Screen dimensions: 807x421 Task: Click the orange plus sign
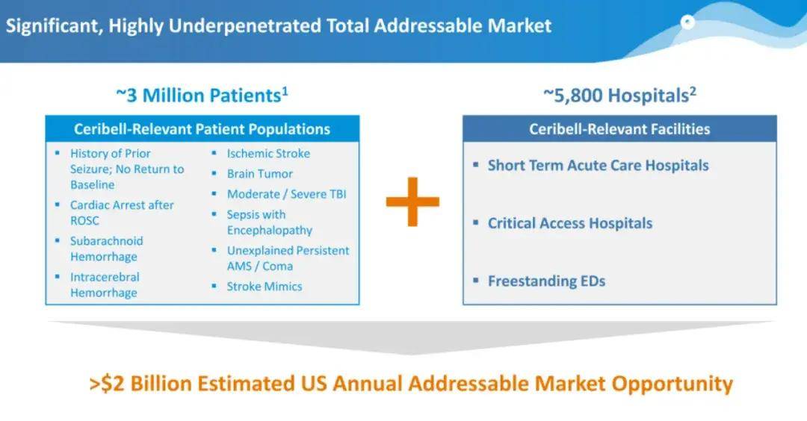(412, 202)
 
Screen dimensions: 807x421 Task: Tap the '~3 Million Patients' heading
(202, 95)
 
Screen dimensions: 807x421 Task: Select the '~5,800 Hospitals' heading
(619, 95)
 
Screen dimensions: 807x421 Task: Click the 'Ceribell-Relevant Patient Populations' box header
(202, 129)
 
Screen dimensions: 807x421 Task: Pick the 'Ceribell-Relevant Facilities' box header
(619, 129)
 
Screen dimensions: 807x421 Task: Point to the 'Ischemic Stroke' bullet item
(269, 153)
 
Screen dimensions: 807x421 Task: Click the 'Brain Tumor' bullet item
(260, 174)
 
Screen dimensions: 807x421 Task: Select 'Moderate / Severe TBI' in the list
(287, 194)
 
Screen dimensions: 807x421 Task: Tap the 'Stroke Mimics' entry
(265, 287)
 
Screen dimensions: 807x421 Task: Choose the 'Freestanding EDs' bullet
(546, 281)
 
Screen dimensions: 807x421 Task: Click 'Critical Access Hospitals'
(570, 223)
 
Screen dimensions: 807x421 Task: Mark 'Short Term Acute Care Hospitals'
(599, 166)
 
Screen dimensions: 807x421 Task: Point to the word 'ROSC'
(84, 220)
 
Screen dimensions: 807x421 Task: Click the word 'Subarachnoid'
(107, 240)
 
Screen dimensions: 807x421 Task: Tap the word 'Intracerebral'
(105, 277)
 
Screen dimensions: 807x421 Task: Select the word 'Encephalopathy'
(270, 231)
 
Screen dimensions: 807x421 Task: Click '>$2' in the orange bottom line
(107, 384)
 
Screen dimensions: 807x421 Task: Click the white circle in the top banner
(687, 22)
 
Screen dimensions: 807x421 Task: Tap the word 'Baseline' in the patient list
(93, 184)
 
